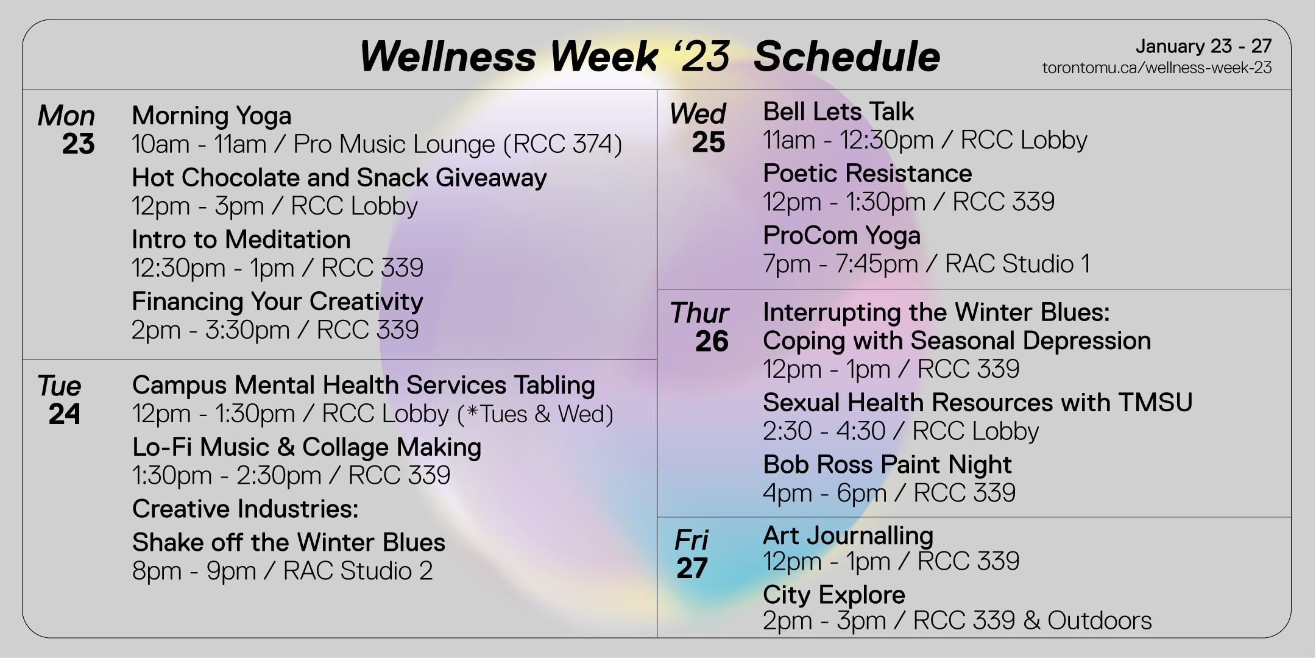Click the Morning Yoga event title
pyautogui.click(x=211, y=116)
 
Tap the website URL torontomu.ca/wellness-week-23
pyautogui.click(x=1157, y=68)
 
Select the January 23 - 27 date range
pyautogui.click(x=1203, y=46)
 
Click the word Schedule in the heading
pyautogui.click(x=847, y=57)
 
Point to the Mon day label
pyautogui.click(x=66, y=116)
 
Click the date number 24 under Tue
pyautogui.click(x=65, y=414)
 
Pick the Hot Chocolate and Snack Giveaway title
pyautogui.click(x=339, y=178)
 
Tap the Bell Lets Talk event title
pyautogui.click(x=838, y=111)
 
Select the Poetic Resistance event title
pyautogui.click(x=868, y=174)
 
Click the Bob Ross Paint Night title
pyautogui.click(x=887, y=465)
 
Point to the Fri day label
pyautogui.click(x=692, y=540)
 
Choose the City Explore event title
pyautogui.click(x=834, y=595)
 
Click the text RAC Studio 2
pyautogui.click(x=358, y=571)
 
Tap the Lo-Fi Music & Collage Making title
pyautogui.click(x=307, y=448)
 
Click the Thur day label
pyautogui.click(x=699, y=313)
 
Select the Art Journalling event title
pyautogui.click(x=848, y=536)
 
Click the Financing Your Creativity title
pyautogui.click(x=277, y=302)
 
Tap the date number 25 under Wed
pyautogui.click(x=709, y=143)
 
